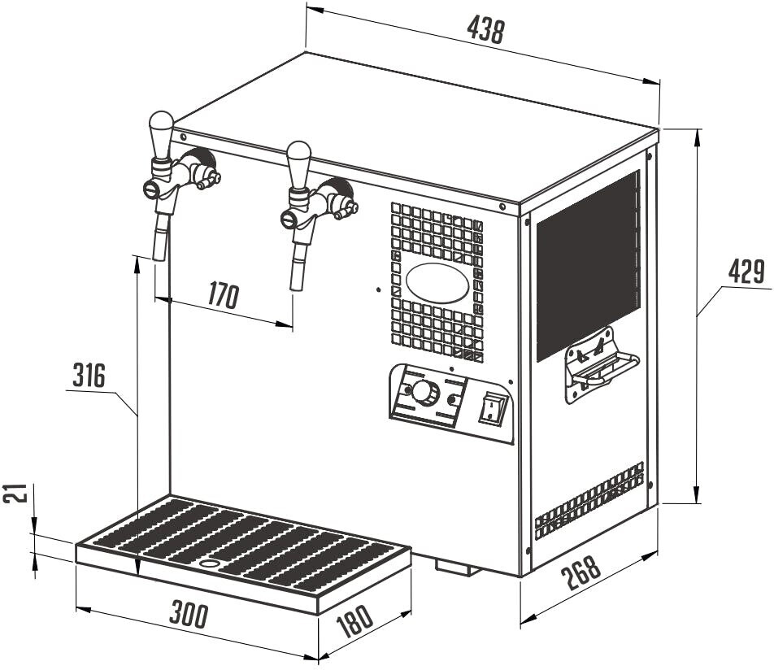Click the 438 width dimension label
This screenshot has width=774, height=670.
[x=486, y=29]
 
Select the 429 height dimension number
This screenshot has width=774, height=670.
[x=745, y=273]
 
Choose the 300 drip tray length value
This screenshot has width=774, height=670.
[x=187, y=615]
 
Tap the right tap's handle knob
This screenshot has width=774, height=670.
[x=298, y=154]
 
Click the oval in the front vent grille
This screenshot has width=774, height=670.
[x=437, y=283]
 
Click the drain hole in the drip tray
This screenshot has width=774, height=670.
[x=210, y=563]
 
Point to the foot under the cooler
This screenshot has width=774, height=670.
[x=457, y=566]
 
